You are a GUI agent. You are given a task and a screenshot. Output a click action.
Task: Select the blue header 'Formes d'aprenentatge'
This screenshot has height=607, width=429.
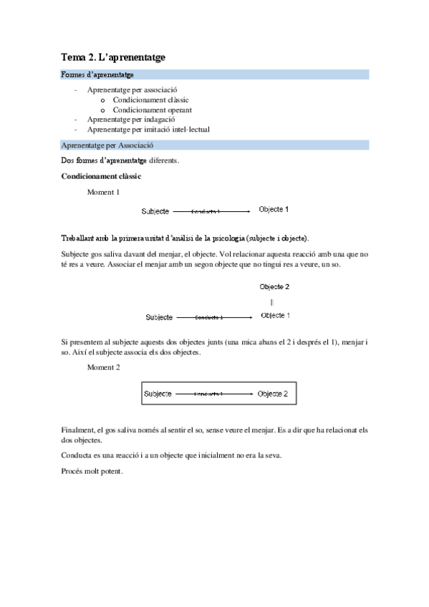tap(98, 74)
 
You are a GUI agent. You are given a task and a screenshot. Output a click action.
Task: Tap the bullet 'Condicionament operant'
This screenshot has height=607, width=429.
tap(152, 110)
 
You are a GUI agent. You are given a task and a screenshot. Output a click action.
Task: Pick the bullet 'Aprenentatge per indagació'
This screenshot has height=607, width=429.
tap(132, 120)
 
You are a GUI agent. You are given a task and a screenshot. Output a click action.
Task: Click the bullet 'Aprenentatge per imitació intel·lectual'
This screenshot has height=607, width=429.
tap(148, 130)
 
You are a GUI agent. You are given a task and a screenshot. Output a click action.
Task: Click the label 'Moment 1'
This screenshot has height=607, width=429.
tap(103, 192)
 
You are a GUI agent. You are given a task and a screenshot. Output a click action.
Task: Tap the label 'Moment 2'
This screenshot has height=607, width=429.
tap(103, 366)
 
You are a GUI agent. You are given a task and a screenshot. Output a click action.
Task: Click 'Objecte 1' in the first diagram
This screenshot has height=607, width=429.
tap(274, 210)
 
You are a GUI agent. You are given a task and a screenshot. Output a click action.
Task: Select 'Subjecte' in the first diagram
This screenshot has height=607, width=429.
tap(155, 211)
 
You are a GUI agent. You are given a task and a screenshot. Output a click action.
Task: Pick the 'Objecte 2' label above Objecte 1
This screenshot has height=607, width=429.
tap(274, 286)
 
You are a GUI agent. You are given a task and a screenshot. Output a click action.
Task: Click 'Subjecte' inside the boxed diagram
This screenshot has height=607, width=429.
tap(158, 394)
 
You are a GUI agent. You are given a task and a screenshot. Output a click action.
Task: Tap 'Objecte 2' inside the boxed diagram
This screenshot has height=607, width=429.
tap(273, 394)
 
